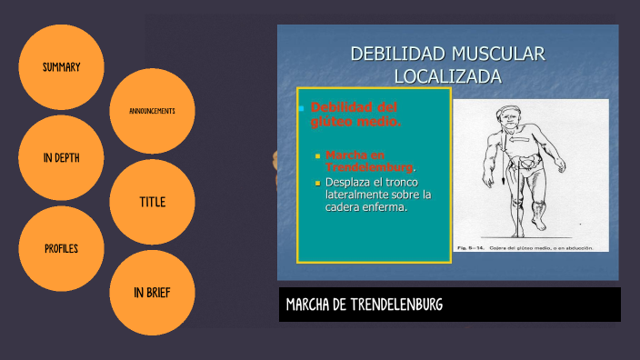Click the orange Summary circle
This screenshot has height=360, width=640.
point(61,67)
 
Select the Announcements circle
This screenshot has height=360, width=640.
point(152,111)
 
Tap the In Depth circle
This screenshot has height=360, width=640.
point(61,157)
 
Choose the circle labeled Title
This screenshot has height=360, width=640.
point(152,202)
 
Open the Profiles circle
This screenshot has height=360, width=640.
point(61,248)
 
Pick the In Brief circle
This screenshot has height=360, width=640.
point(152,292)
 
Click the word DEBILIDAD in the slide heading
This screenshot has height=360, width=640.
point(394,55)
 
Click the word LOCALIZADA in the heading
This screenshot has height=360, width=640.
point(447,76)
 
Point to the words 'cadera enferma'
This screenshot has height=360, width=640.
point(365,207)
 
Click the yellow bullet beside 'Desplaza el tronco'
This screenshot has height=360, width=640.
point(318,183)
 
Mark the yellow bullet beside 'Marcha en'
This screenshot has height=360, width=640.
point(318,155)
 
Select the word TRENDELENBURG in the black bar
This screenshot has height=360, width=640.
point(396,304)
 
